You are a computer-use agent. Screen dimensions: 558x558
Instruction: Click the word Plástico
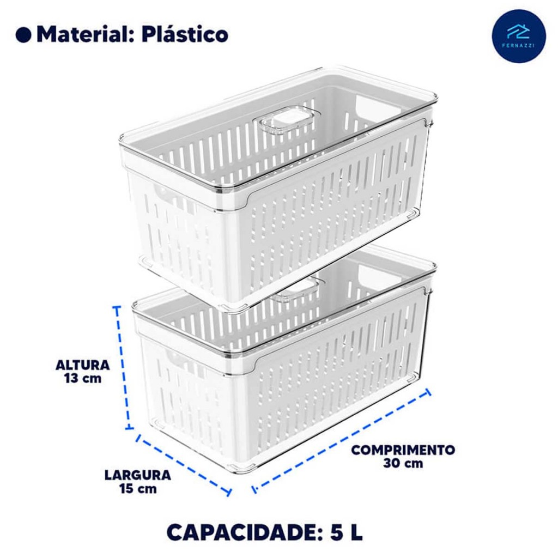coord(185,34)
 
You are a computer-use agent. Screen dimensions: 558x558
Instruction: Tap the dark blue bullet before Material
coord(23,35)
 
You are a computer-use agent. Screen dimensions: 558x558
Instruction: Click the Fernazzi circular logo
coord(519,36)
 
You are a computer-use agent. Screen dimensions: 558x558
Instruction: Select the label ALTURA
coord(83,365)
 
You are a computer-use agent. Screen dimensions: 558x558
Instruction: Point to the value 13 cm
coord(83,378)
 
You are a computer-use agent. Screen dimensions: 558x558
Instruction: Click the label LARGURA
coord(138,475)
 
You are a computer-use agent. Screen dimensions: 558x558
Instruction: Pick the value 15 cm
coord(138,489)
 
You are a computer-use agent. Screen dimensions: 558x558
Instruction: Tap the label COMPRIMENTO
coord(403,450)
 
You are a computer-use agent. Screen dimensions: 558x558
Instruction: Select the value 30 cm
coord(403,463)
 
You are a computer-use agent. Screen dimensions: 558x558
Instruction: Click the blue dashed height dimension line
coord(123,368)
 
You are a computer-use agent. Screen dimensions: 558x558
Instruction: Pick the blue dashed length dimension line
coord(341,440)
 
